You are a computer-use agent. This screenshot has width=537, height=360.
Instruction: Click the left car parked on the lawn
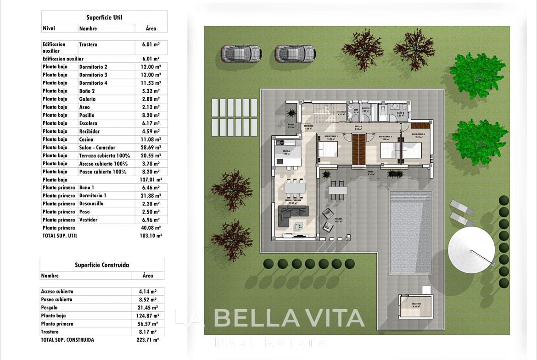(241, 53)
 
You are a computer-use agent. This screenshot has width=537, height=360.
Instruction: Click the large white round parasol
(471, 248)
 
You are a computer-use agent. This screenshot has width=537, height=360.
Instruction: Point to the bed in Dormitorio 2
(327, 150)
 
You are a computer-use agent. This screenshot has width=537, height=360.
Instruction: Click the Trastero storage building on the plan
(416, 306)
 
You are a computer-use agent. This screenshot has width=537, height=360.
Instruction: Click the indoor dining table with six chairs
(295, 188)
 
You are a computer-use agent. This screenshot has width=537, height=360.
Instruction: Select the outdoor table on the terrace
(338, 190)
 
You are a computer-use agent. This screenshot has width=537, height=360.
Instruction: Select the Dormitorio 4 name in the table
(93, 83)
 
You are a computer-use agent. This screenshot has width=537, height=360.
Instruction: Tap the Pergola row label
(49, 308)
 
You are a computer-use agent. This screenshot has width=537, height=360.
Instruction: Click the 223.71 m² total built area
(149, 340)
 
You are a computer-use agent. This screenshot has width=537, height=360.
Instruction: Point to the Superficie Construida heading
(102, 265)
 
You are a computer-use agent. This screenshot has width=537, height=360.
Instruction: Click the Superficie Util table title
(104, 17)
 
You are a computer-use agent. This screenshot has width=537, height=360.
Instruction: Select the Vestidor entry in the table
(88, 220)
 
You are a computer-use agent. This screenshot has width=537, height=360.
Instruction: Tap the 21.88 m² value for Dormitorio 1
(151, 196)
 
